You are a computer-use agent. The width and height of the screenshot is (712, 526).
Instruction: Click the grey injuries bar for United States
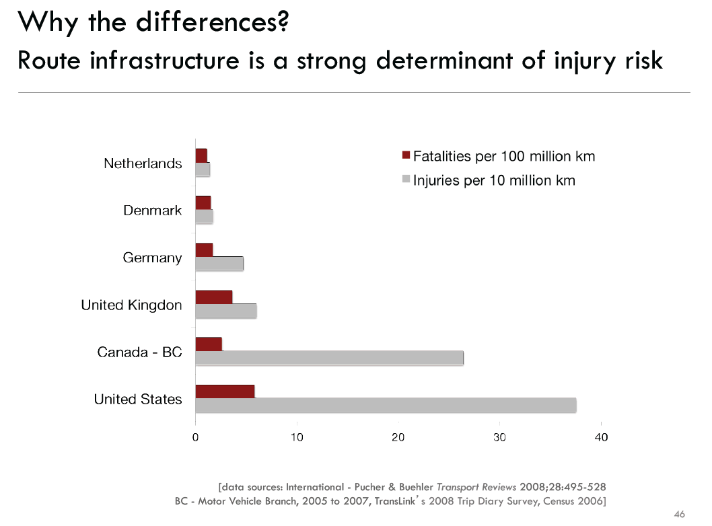pos(386,405)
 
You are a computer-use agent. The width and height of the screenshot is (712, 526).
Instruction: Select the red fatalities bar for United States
pos(225,391)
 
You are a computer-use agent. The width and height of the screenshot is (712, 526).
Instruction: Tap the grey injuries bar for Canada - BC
pos(329,358)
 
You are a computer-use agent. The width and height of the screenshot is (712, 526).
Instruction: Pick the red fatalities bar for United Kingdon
pos(213,297)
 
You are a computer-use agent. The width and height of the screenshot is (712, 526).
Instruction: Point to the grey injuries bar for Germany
pos(219,264)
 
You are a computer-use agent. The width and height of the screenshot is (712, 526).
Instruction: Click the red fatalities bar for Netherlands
pos(201,155)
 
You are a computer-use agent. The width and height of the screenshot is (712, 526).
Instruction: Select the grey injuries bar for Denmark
pos(204,217)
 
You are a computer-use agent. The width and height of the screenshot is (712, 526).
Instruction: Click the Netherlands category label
pos(143,163)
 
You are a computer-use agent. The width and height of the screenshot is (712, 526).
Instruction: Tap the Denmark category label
pos(152,211)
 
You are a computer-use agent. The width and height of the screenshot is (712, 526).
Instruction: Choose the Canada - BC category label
pos(139,352)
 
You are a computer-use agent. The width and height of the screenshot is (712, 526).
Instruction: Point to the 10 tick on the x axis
pos(297,437)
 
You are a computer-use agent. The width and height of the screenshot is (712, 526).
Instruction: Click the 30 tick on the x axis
pos(499,437)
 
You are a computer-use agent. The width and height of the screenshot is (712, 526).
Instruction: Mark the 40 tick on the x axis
pos(601,437)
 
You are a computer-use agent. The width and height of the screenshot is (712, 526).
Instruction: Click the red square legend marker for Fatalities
pos(405,157)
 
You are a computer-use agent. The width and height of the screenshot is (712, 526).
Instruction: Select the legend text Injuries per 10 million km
pos(494,180)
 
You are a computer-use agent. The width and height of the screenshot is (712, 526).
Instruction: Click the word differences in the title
pos(212,23)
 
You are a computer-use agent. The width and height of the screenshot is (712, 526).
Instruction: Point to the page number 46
pos(679,515)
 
